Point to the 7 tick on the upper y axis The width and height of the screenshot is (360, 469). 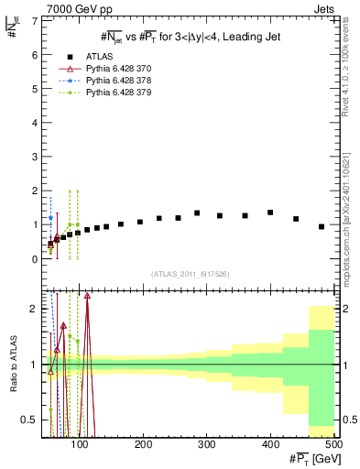coord(35,21)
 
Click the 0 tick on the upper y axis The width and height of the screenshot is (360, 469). coord(35,259)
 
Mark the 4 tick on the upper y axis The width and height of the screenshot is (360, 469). coord(35,123)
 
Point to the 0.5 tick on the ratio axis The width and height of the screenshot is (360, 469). coord(30,420)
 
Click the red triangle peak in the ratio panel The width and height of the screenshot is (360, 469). coord(87,296)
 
